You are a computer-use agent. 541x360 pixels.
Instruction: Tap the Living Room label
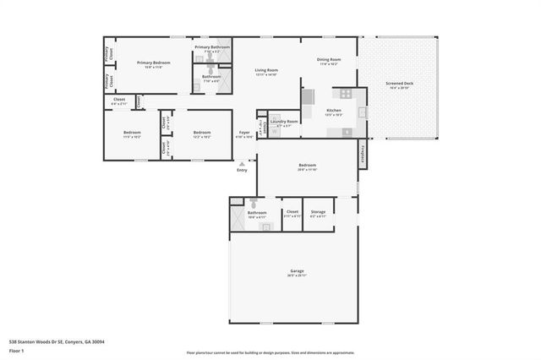267,70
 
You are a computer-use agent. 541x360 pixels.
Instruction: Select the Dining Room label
329,59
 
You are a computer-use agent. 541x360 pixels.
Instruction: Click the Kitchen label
334,112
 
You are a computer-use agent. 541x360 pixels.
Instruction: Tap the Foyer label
243,133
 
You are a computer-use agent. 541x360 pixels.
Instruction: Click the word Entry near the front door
243,170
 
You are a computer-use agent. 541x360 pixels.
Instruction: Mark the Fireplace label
363,153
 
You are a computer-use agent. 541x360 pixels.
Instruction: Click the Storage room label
318,212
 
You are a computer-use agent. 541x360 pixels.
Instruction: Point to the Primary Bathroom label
212,47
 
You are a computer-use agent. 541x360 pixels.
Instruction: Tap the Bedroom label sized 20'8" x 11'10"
307,165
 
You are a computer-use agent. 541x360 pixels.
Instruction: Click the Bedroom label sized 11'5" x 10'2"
132,133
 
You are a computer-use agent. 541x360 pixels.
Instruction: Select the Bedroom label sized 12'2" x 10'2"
201,133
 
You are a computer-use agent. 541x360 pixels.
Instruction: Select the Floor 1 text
16,350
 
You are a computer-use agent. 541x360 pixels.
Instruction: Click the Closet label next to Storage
292,212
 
